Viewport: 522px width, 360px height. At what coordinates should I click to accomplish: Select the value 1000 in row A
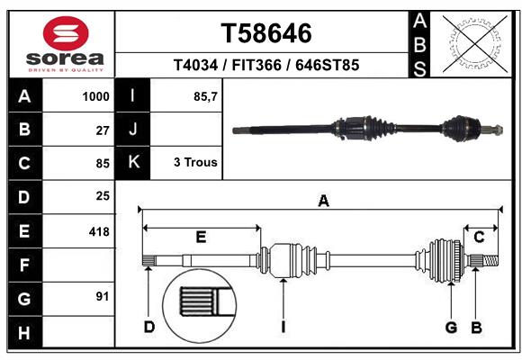click(x=95, y=96)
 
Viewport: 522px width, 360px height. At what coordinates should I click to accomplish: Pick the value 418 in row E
click(x=99, y=231)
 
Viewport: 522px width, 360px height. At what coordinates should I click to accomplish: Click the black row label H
click(x=24, y=333)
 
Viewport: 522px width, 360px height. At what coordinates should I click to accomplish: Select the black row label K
click(x=133, y=163)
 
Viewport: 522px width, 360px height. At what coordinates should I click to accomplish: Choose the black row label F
click(x=24, y=265)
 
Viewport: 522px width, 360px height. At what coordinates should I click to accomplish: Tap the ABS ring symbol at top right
click(x=473, y=40)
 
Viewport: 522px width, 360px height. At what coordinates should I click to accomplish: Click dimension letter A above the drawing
click(x=322, y=202)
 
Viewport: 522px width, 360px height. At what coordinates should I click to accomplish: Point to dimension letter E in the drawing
click(x=201, y=237)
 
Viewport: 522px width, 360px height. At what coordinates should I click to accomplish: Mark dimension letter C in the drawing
click(x=480, y=237)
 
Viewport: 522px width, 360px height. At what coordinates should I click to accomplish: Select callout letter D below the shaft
click(x=149, y=327)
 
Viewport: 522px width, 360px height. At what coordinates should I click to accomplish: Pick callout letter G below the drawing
click(x=451, y=327)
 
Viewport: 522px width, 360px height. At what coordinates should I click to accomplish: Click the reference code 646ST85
click(x=328, y=65)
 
